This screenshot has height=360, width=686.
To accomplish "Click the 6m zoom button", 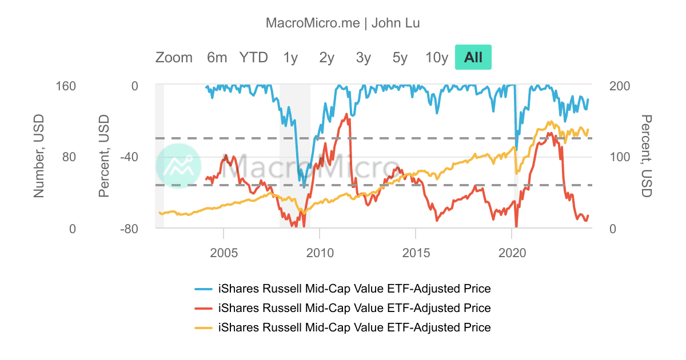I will click(x=217, y=57).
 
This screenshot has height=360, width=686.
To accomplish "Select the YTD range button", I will click(x=253, y=57).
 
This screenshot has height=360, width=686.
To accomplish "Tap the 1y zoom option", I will click(x=290, y=57).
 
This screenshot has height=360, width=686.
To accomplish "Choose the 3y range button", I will click(x=363, y=57).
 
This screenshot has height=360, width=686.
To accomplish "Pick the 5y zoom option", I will click(x=400, y=57).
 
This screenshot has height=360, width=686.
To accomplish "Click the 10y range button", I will click(x=437, y=57).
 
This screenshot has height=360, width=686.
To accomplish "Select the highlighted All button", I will click(x=473, y=57).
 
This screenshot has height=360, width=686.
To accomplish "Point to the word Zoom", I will click(x=174, y=57).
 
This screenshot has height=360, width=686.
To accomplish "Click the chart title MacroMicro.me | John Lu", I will click(x=343, y=23).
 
